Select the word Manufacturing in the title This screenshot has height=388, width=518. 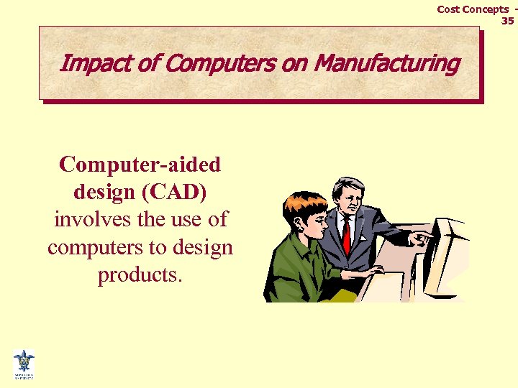(387, 64)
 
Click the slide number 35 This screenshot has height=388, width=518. (507, 21)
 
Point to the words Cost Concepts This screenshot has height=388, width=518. (473, 9)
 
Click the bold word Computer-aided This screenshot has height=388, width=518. (140, 165)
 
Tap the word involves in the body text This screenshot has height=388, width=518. (86, 220)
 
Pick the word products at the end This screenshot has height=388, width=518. (140, 275)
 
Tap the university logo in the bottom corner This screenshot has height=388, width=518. (23, 364)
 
